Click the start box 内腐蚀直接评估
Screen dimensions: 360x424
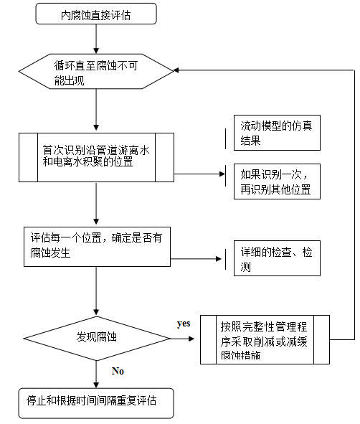[x=96, y=14]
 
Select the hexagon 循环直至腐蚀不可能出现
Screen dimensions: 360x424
[x=96, y=72]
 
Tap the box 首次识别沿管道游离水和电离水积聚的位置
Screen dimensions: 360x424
[x=96, y=157]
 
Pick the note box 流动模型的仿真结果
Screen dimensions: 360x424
[x=277, y=133]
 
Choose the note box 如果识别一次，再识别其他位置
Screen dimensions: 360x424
[x=277, y=182]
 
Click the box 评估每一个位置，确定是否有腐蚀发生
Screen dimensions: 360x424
[x=97, y=247]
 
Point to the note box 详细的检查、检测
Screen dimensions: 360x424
[x=277, y=258]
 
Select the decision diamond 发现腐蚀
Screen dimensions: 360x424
[x=97, y=339]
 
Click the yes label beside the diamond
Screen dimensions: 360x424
[x=184, y=324]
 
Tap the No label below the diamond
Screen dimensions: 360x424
[x=118, y=371]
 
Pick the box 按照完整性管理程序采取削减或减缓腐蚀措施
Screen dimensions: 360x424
[x=265, y=339]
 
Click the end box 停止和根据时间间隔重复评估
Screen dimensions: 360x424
[x=96, y=403]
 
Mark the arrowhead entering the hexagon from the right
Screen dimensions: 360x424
[x=176, y=70]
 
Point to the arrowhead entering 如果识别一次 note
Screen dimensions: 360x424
[x=222, y=174]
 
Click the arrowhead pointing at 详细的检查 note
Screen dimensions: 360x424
[x=219, y=259]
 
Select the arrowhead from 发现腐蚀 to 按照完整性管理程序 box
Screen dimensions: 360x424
[x=191, y=339]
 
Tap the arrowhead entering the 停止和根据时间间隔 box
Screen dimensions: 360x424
[x=96, y=385]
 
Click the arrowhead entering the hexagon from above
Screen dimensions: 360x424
[x=96, y=51]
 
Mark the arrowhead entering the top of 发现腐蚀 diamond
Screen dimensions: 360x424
[x=96, y=312]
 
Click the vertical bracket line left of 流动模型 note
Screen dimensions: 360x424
[x=226, y=138]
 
